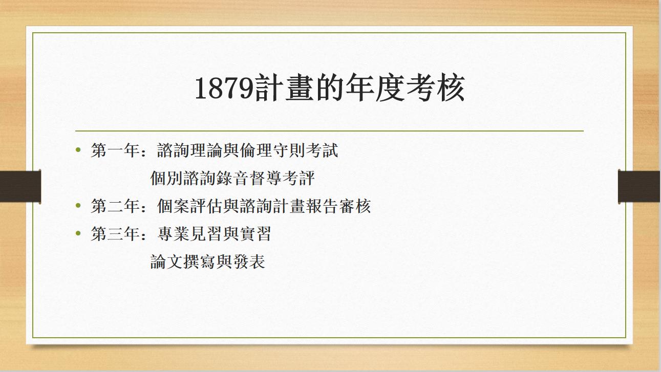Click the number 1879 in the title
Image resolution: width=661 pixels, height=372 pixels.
(x=224, y=89)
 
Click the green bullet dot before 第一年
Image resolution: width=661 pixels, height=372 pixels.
(x=78, y=150)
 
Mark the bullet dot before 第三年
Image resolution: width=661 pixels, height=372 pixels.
(x=78, y=234)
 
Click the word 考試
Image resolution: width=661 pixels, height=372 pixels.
(x=324, y=151)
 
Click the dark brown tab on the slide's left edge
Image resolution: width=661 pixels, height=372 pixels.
(x=20, y=186)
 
